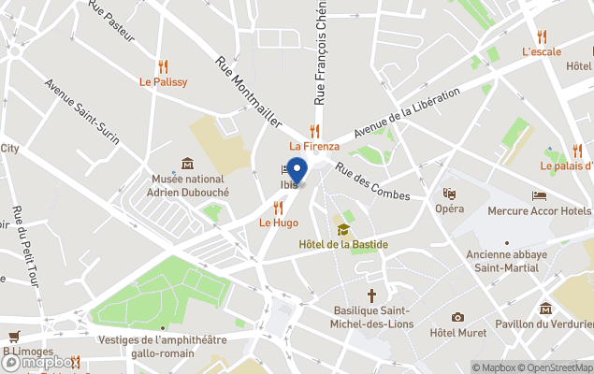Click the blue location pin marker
(297, 171)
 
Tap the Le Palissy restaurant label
(164, 82)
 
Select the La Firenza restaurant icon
(315, 131)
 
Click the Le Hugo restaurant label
(278, 223)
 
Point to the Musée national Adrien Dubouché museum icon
(187, 164)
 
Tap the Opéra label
(450, 209)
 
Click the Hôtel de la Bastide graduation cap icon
(343, 230)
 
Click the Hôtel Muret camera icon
(457, 318)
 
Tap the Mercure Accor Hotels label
(540, 210)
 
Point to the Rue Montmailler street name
(248, 92)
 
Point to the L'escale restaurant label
(542, 51)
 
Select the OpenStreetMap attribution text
(555, 367)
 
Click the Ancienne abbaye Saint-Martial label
(510, 261)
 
